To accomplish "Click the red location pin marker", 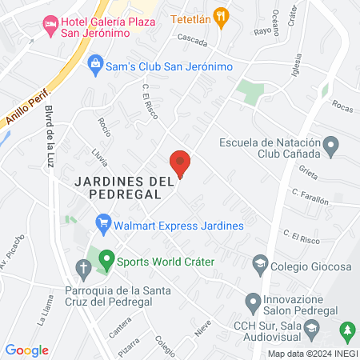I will [181, 162].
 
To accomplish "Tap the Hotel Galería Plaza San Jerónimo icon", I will [50, 24].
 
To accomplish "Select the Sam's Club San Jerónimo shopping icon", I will [95, 62].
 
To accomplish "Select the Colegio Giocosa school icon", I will [259, 263].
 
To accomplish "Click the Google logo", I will [26, 350].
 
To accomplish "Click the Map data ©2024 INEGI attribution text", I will [311, 353].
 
